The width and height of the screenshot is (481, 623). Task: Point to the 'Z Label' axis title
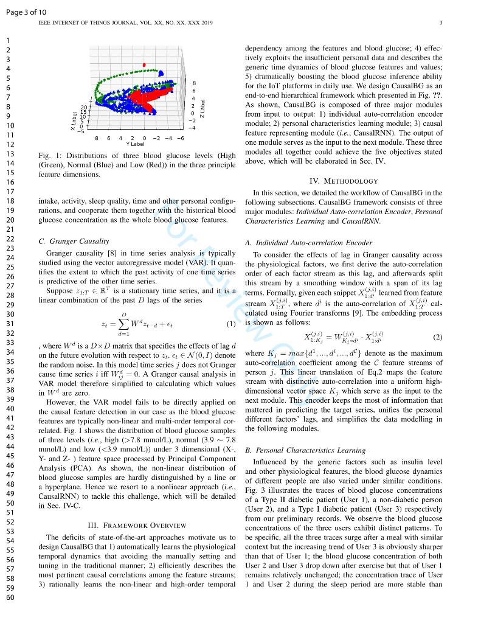click(x=203, y=108)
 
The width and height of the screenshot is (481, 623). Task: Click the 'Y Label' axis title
click(x=135, y=144)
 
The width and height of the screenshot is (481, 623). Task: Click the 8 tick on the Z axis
click(x=193, y=83)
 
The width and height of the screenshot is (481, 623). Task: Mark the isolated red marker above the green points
click(x=144, y=63)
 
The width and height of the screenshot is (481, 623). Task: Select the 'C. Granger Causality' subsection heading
click(x=74, y=241)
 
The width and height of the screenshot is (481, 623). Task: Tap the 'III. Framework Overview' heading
click(x=136, y=525)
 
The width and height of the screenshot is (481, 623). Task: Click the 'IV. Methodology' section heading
click(x=344, y=181)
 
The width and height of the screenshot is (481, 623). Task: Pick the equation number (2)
click(x=437, y=336)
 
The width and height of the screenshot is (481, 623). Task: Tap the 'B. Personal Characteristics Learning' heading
click(x=305, y=450)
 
